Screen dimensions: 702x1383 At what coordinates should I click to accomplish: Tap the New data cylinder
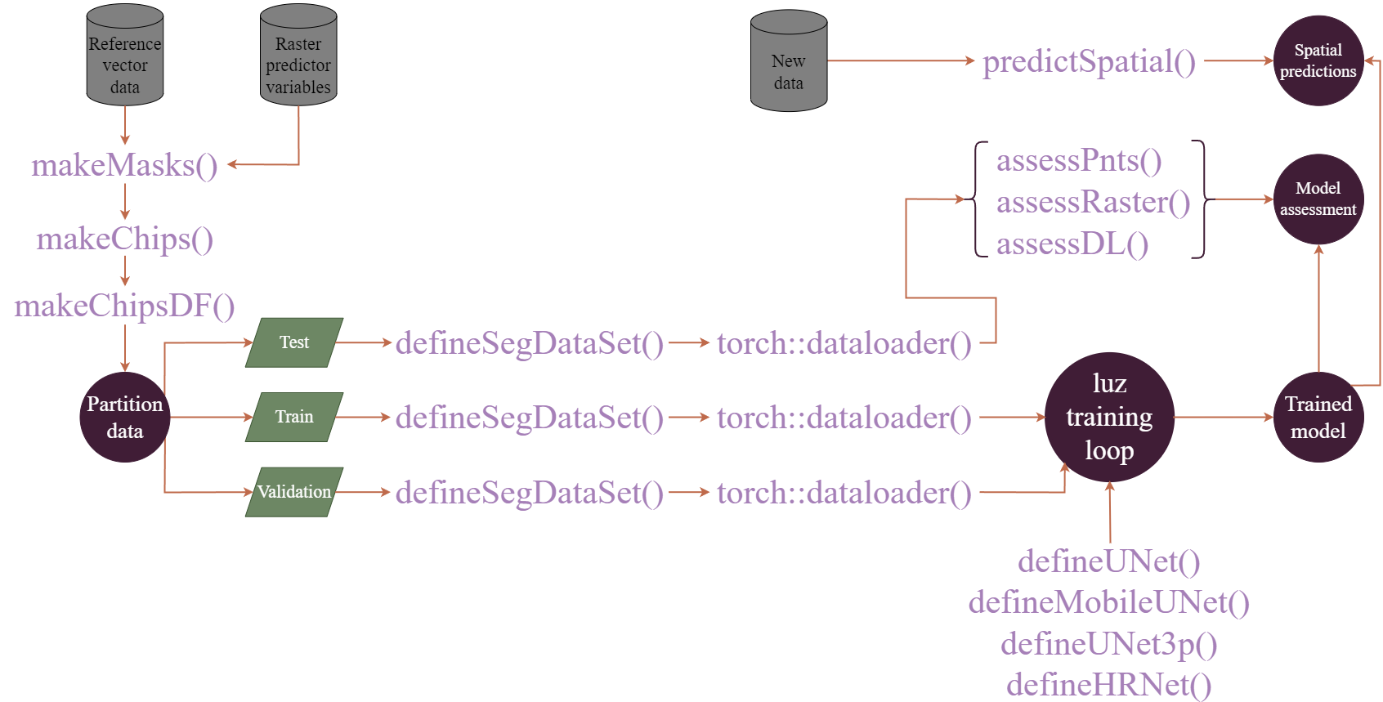point(789,63)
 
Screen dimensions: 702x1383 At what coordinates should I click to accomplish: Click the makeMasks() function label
point(124,166)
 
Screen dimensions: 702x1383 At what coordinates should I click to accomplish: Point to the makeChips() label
point(125,239)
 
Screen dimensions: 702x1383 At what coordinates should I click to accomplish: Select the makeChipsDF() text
point(124,306)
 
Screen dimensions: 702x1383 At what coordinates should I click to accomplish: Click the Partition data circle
point(125,418)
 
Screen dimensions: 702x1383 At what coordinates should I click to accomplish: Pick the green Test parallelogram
point(294,342)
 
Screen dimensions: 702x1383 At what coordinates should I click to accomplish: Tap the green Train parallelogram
point(294,417)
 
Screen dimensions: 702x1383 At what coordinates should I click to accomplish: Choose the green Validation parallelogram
point(294,492)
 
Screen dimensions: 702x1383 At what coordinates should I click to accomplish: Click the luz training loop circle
point(1109,417)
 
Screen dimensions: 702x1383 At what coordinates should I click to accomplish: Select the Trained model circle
point(1318,418)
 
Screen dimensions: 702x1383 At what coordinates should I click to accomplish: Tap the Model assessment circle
point(1318,199)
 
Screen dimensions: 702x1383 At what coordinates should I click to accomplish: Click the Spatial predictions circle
point(1318,60)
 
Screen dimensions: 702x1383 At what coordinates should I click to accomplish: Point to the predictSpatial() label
point(1089,62)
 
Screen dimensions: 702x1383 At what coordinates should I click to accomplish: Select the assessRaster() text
point(1093,202)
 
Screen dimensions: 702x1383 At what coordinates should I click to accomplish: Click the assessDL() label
point(1072,244)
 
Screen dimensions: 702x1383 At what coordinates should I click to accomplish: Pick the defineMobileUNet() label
point(1108,603)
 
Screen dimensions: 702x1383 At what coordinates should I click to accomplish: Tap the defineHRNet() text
point(1108,685)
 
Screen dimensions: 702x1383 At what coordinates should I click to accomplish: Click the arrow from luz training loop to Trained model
point(1224,417)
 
